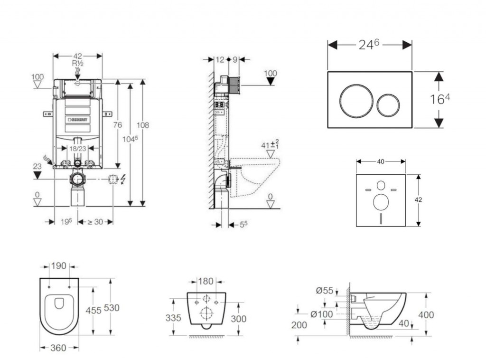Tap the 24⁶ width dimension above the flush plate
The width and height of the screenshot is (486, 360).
tap(369, 45)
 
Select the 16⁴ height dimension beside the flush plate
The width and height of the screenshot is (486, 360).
tap(440, 99)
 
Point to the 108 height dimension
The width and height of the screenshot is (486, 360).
tap(142, 125)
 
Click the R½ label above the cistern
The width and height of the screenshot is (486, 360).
tap(78, 63)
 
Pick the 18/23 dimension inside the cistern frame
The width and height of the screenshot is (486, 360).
tap(78, 148)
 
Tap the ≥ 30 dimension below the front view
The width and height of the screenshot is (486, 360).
tap(95, 221)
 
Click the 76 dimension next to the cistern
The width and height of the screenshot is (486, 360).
tap(117, 125)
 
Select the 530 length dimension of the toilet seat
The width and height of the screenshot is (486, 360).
tap(112, 308)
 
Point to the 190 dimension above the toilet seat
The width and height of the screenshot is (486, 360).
tap(59, 266)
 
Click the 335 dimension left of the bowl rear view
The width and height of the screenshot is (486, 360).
tap(174, 318)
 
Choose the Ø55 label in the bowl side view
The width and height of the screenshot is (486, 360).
tap(325, 291)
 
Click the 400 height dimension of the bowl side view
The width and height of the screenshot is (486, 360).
tap(426, 314)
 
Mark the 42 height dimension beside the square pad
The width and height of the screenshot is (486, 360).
tap(418, 200)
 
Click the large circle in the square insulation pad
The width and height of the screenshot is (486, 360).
tap(381, 202)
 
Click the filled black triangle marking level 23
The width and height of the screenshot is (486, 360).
tap(37, 175)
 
